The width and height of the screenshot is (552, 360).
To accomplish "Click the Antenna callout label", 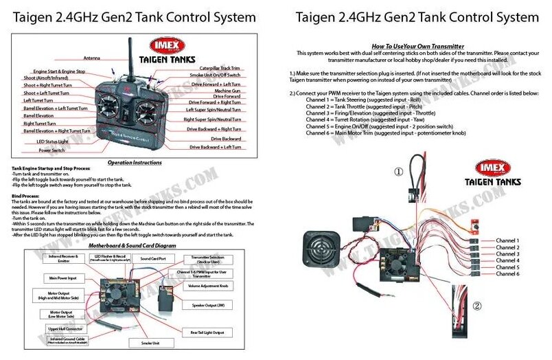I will click(93, 58).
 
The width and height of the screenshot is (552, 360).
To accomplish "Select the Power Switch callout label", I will click(52, 150).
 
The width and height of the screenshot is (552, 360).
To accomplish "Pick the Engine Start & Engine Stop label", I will click(59, 71).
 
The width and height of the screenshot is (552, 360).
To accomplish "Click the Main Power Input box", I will click(62, 278).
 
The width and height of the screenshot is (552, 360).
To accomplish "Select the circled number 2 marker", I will click(476, 306).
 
